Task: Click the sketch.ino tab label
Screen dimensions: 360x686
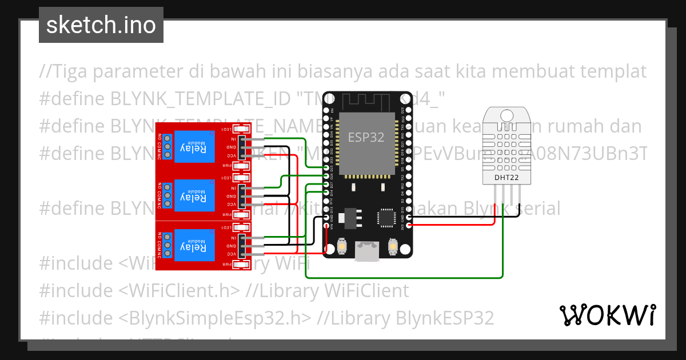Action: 101,25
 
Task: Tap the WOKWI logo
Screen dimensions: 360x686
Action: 607,315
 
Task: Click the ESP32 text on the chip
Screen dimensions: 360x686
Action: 366,137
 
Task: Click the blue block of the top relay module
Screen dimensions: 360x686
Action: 194,147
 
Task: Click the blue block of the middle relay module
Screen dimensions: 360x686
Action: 194,196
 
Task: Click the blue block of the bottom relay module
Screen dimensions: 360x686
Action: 194,246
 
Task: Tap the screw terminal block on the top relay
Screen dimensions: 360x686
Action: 166,147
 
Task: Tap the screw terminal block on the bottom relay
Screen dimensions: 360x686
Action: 166,246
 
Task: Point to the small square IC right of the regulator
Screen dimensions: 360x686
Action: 385,218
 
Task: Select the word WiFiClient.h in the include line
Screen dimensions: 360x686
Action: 180,291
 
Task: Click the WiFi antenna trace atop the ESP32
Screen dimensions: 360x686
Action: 366,102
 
